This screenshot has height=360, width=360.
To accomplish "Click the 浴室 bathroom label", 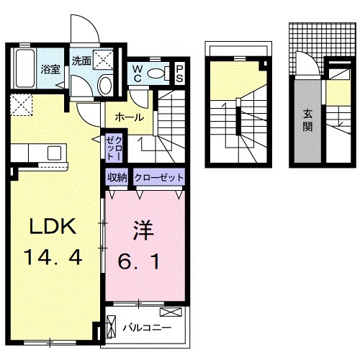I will (x=50, y=70).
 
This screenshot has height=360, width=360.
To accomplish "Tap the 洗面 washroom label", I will (x=81, y=61).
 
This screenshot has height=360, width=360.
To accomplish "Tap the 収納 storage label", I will (x=117, y=178).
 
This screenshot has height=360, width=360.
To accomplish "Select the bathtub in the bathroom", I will (x=25, y=68).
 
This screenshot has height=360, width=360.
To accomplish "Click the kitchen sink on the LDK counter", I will (x=53, y=152).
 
